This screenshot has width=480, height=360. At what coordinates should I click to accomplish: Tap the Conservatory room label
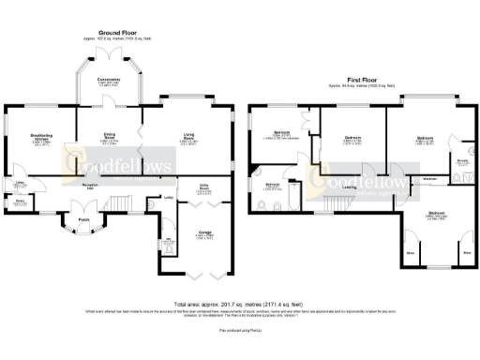109,80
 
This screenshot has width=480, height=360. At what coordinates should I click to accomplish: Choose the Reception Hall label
92,187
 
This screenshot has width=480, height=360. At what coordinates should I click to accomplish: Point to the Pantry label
19,201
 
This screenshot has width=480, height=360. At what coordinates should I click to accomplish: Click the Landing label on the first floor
349,186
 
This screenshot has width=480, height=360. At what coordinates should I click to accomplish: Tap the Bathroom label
273,185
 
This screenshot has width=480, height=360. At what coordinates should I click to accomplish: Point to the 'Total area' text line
240,305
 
